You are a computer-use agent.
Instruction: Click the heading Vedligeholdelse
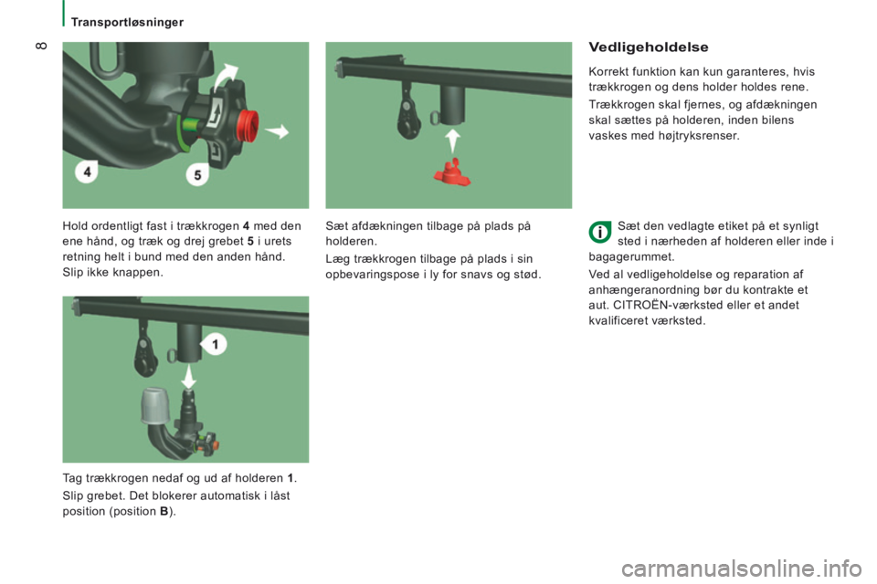649,47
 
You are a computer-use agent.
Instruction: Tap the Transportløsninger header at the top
127,22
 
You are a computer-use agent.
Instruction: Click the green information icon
599,232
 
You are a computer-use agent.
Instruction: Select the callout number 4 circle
87,172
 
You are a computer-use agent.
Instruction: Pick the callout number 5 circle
197,175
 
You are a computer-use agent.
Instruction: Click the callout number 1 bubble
214,344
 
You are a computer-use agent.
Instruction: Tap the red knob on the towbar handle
248,125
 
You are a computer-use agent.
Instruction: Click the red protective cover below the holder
452,172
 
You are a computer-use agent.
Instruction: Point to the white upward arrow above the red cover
453,141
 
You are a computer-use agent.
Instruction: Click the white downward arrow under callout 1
189,377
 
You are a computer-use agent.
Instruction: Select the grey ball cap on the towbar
155,405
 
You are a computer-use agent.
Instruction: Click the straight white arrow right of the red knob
278,132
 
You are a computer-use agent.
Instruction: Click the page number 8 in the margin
41,46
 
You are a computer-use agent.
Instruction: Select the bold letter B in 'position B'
164,511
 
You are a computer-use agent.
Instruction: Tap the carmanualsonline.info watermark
741,568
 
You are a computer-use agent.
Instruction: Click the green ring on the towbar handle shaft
181,133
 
